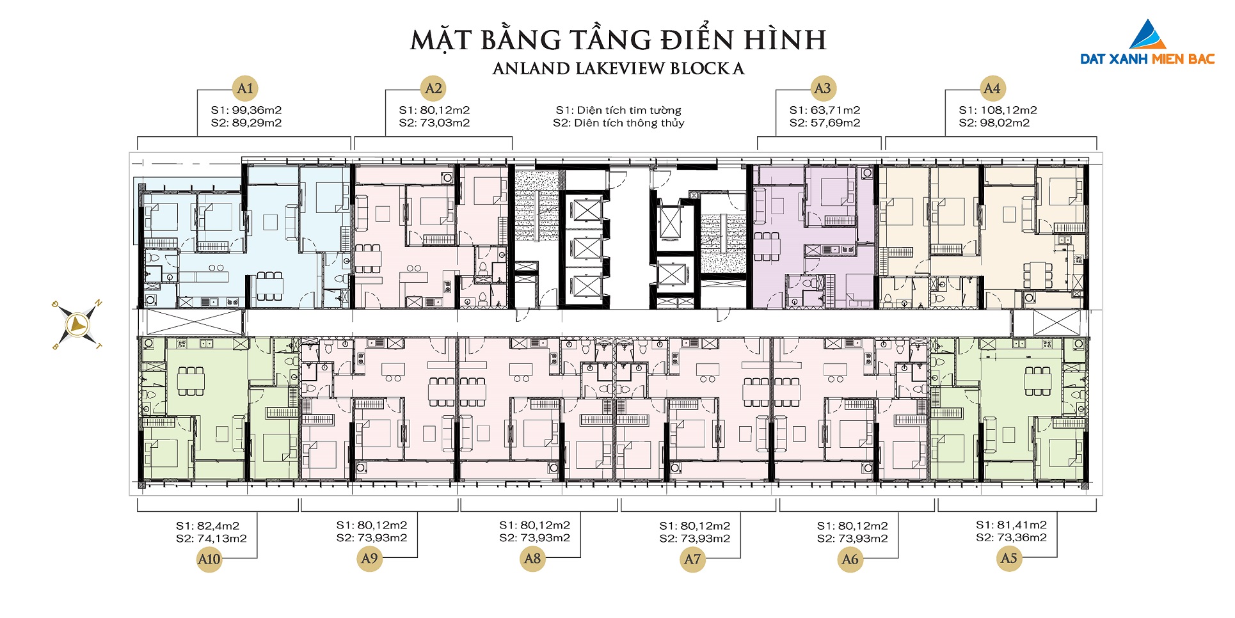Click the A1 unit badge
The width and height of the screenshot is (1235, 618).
[x=245, y=88]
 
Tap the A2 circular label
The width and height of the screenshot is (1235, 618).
[x=433, y=88]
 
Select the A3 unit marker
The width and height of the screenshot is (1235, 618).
[x=823, y=88]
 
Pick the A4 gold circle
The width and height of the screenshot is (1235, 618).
[x=992, y=88]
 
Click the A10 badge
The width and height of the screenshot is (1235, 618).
[x=209, y=559]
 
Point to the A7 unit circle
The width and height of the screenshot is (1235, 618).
[x=692, y=559]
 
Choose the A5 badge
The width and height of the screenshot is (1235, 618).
[x=1008, y=559]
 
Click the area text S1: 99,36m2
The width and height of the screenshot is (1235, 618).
[x=246, y=110]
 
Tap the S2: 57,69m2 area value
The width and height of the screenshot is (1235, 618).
[x=825, y=123]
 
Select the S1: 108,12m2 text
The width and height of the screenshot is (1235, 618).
[x=998, y=110]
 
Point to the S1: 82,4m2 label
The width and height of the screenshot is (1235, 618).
[x=207, y=526]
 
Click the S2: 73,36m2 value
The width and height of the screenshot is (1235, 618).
[x=1011, y=537]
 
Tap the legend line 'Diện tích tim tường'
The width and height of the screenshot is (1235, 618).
[x=619, y=110]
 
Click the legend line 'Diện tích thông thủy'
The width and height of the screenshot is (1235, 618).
[x=619, y=123]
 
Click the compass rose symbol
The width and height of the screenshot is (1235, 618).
[x=77, y=325]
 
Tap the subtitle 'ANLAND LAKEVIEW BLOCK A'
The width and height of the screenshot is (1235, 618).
[x=619, y=68]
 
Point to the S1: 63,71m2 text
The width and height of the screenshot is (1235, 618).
[x=825, y=110]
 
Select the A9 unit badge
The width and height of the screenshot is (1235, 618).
[x=370, y=559]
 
